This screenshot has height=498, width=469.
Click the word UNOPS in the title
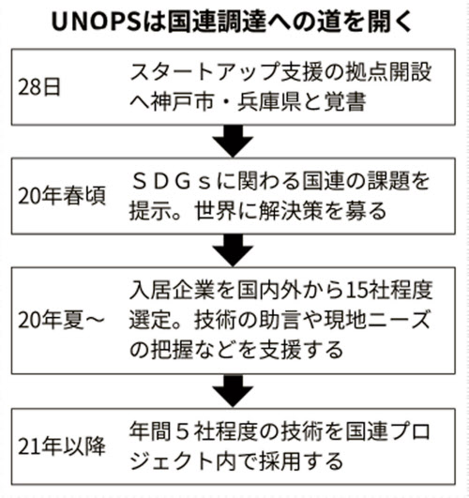[x=97, y=23]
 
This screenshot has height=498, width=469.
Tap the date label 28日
[x=38, y=87]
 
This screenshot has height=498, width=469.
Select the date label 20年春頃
[x=62, y=196]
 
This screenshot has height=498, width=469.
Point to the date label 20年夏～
[x=61, y=320]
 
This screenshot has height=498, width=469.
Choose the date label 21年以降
[x=62, y=446]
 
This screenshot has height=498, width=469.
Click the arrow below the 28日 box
[x=233, y=141]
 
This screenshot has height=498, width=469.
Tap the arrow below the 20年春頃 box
[x=233, y=250]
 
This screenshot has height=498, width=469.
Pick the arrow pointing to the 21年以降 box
[x=233, y=391]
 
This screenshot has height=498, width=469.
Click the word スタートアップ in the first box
[x=204, y=72]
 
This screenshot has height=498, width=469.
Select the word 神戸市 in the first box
[x=182, y=102]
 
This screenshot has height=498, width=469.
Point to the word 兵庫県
[x=269, y=102]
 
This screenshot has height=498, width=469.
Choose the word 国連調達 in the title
[x=217, y=23]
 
